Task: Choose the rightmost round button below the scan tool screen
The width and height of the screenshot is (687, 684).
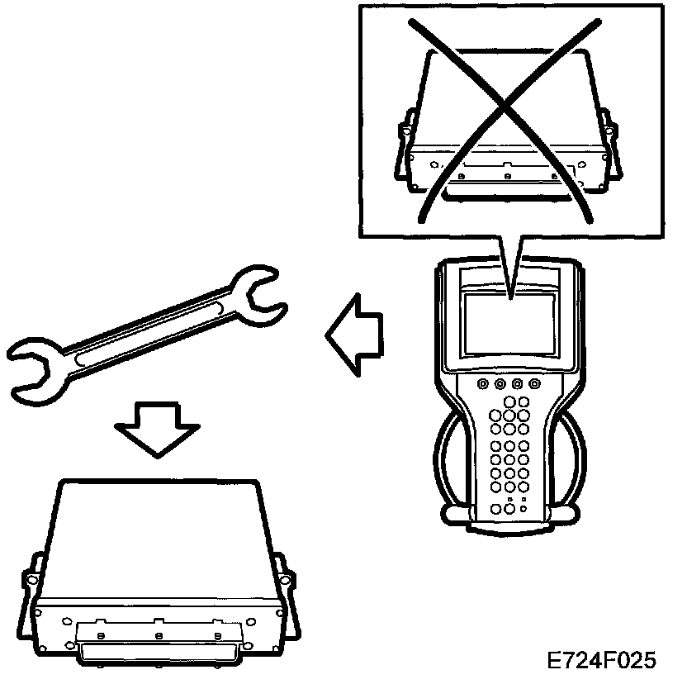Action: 534,384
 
